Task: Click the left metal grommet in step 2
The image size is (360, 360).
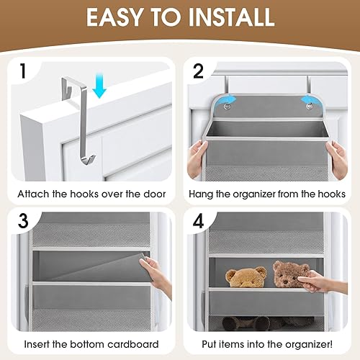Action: coord(228,107)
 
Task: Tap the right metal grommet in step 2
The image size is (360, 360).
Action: coord(311,107)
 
